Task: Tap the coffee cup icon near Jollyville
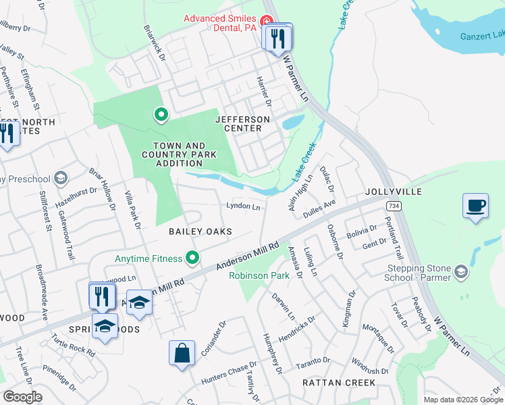click(475, 205)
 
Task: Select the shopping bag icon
click(182, 353)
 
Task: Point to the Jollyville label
click(394, 192)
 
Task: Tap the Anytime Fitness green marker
click(193, 258)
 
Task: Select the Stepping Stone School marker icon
click(462, 271)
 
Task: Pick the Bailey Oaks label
click(200, 232)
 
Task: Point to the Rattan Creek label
click(338, 382)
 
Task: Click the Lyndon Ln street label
click(243, 207)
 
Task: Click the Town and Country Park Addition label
click(178, 155)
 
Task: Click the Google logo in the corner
click(22, 397)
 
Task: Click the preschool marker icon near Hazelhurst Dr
click(61, 178)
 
